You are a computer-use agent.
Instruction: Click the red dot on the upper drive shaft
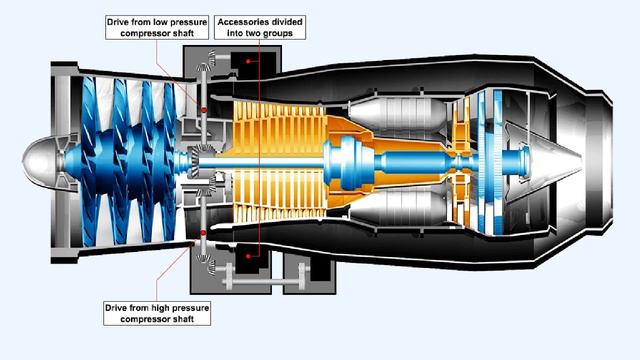203,107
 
